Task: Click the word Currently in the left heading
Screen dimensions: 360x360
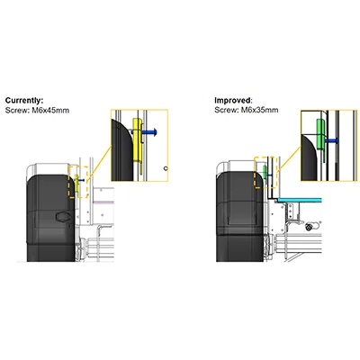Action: click(x=23, y=101)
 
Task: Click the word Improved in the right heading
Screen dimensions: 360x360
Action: click(x=233, y=101)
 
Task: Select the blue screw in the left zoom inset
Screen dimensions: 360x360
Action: click(x=148, y=131)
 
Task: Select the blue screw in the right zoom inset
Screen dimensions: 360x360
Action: click(x=332, y=140)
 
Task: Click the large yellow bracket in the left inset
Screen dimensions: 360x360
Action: click(x=138, y=140)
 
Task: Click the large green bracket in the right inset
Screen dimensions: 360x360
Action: click(x=320, y=135)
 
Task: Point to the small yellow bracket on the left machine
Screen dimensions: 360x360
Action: click(x=76, y=183)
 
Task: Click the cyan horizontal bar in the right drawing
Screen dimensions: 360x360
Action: click(x=300, y=200)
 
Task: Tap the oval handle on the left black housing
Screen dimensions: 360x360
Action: click(x=63, y=216)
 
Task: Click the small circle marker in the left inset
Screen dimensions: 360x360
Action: click(x=166, y=168)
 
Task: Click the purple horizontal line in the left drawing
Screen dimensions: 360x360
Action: click(x=103, y=202)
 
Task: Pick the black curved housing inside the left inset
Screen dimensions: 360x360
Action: click(x=121, y=151)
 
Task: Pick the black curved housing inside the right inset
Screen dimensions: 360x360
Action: click(x=309, y=158)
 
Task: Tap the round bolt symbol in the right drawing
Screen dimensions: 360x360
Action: click(x=309, y=227)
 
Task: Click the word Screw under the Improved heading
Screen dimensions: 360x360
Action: click(x=226, y=110)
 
